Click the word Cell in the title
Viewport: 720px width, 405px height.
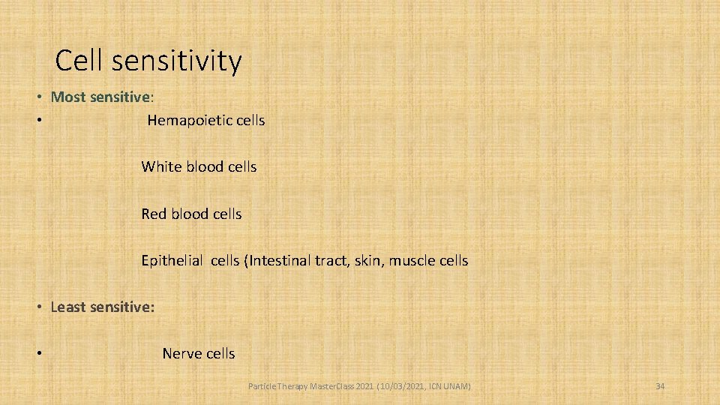tap(82, 61)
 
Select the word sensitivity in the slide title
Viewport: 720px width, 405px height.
tap(178, 61)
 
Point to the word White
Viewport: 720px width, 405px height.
tap(161, 166)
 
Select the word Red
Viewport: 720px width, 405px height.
tap(154, 214)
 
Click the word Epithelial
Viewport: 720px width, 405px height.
tap(172, 261)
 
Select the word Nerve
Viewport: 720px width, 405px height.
tap(182, 353)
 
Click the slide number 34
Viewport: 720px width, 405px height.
tap(660, 386)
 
